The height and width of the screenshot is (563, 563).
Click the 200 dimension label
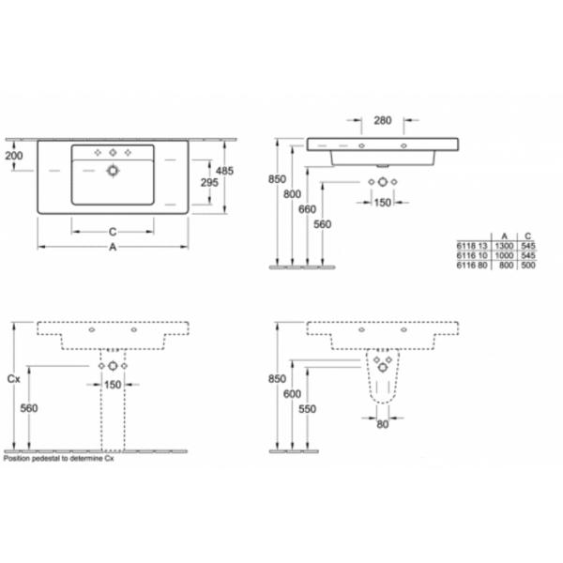click(14, 156)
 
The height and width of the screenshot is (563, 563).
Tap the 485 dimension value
click(224, 171)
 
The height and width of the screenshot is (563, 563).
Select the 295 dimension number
click(209, 182)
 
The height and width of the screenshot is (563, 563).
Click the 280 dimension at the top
click(383, 120)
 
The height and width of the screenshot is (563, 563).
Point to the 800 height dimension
click(292, 194)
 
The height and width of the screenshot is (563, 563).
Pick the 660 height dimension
click(307, 209)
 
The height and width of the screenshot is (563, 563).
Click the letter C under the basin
click(113, 232)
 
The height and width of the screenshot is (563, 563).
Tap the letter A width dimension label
click(113, 247)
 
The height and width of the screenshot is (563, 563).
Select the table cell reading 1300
click(504, 246)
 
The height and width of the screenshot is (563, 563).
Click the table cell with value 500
click(527, 265)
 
